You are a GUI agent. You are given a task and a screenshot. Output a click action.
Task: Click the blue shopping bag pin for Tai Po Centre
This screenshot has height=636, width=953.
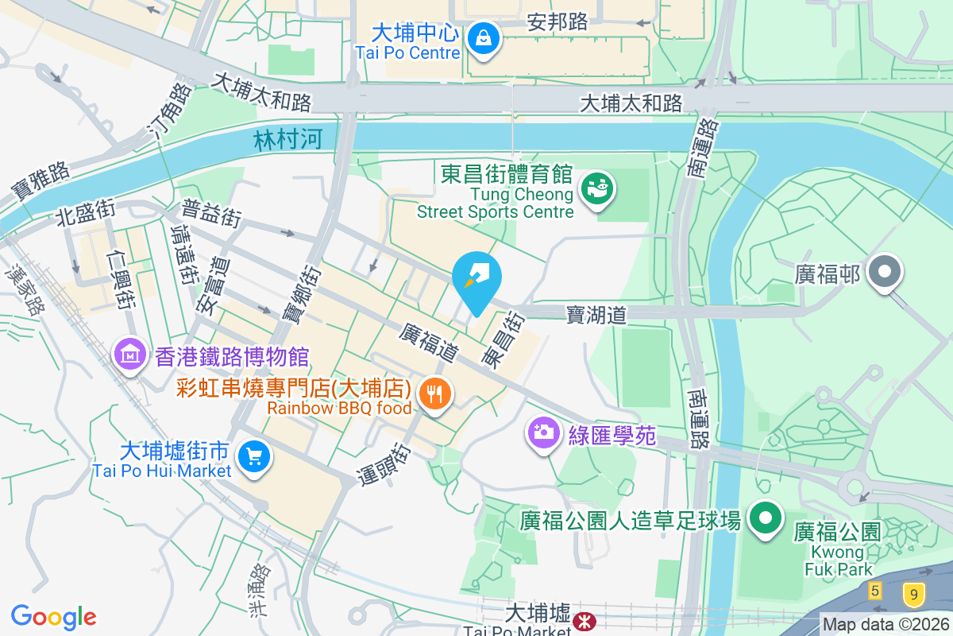pos(482,37)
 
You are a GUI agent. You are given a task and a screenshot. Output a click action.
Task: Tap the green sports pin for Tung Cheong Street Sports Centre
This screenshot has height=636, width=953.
pos(595,188)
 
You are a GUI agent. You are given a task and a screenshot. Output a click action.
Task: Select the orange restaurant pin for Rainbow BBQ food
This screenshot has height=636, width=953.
pos(434,393)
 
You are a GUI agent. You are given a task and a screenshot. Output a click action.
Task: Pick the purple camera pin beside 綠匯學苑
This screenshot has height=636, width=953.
pos(543,432)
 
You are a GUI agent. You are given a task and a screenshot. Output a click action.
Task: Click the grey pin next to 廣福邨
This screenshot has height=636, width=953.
pos(883,273)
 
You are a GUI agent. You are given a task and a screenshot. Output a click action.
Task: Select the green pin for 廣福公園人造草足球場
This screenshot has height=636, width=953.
pos(766,518)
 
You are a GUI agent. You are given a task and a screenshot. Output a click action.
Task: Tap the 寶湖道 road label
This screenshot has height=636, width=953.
pos(596,316)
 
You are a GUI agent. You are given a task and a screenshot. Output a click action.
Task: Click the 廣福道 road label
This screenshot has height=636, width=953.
pos(429,339)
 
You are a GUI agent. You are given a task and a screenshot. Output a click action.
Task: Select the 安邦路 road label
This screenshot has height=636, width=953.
pos(558,22)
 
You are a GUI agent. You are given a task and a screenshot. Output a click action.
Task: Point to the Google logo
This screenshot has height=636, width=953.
pos(53,616)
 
